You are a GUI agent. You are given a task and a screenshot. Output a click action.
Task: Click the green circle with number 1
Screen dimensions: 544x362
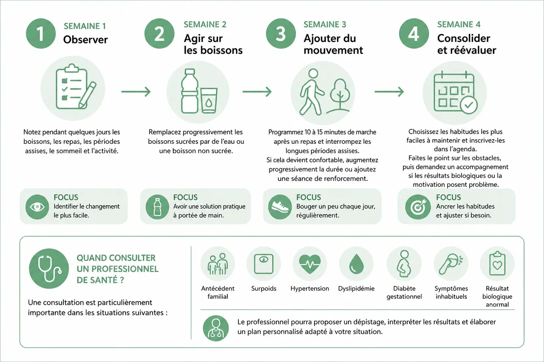(x=41, y=34)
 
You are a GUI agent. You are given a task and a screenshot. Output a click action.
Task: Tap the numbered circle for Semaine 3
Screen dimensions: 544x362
(x=281, y=34)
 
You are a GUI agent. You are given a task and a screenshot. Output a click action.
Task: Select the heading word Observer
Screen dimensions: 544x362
(x=85, y=39)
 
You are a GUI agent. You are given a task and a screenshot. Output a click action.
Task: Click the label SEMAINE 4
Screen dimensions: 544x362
(x=459, y=25)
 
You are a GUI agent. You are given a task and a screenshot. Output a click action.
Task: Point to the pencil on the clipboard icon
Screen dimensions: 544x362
(x=88, y=95)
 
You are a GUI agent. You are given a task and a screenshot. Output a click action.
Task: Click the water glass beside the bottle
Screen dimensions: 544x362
(x=209, y=101)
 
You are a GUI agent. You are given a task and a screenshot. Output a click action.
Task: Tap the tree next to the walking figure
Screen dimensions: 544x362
(x=340, y=95)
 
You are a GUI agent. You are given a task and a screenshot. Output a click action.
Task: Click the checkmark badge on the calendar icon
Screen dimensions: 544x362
(x=469, y=105)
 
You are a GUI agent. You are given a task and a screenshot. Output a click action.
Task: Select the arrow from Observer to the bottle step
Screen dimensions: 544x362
(x=136, y=92)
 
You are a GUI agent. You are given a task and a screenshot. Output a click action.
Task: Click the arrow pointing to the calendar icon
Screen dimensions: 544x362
(x=389, y=92)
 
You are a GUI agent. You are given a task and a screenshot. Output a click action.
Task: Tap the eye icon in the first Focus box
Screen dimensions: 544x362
(x=37, y=207)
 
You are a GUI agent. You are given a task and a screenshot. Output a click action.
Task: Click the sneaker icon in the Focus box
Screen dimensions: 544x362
(x=280, y=207)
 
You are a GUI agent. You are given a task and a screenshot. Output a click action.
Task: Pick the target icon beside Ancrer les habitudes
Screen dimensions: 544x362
(x=418, y=207)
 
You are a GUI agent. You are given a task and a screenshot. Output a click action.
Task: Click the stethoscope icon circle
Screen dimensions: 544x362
(x=49, y=268)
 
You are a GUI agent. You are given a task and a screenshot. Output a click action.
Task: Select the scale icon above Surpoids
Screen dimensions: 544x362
(x=263, y=264)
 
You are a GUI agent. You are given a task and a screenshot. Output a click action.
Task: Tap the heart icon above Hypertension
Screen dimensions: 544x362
(x=310, y=264)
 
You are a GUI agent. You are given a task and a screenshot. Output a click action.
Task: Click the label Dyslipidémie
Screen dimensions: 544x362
(x=356, y=289)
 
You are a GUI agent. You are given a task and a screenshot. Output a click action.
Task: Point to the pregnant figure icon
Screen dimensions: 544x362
(x=404, y=264)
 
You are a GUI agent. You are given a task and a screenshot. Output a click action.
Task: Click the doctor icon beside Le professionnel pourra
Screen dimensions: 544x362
(x=215, y=328)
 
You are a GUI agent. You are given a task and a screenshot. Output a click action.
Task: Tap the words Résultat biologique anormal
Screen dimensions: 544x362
(x=497, y=296)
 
